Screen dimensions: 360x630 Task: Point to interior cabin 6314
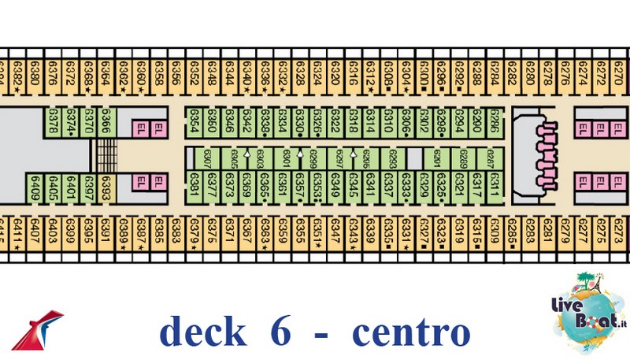click(x=370, y=123)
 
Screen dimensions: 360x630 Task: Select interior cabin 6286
click(x=494, y=123)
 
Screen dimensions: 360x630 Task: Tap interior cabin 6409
click(x=35, y=189)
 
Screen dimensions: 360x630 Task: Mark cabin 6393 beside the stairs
click(x=106, y=189)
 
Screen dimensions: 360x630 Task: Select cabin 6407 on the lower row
click(x=35, y=235)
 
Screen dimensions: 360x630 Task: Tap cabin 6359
click(x=282, y=235)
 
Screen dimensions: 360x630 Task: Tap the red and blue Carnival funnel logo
click(x=39, y=329)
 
